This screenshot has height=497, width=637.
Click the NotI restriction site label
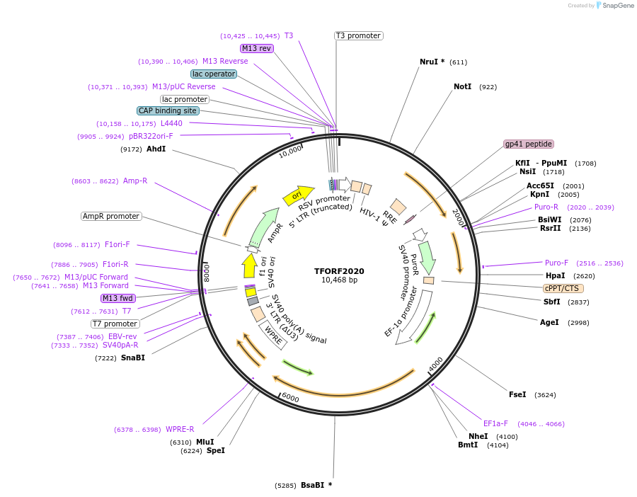[462, 87]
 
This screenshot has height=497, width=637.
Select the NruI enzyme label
[429, 62]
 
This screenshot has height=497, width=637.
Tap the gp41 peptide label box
[528, 144]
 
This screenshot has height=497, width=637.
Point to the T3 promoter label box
[358, 35]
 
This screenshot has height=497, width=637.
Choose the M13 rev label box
[256, 48]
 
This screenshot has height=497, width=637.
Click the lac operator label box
[214, 74]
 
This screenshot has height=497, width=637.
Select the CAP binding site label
[168, 110]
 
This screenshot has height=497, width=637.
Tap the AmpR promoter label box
[111, 216]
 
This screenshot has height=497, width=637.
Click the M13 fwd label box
[117, 298]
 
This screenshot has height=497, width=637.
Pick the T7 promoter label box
[116, 324]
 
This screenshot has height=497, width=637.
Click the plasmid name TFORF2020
[339, 270]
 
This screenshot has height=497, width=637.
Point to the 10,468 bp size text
[339, 280]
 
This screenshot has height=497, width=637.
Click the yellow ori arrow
[298, 195]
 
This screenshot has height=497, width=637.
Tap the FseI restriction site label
[517, 394]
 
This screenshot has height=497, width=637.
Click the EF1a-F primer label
[495, 423]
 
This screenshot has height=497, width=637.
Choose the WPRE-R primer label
[180, 429]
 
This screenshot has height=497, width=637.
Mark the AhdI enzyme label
[156, 149]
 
